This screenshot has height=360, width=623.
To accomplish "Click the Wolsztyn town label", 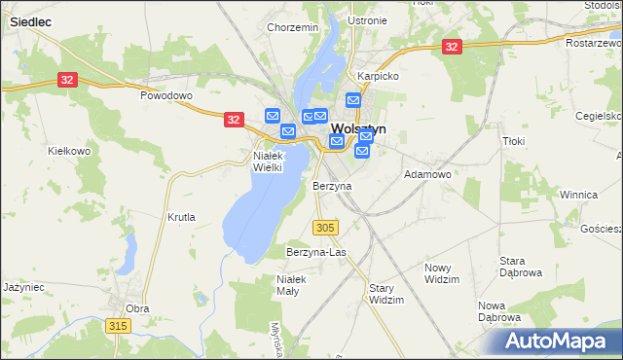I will point(359,128).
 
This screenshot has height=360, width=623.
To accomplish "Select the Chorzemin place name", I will point(293,28).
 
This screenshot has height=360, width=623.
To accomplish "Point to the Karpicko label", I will point(379,75).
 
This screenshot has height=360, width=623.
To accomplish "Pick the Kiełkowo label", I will point(69,152).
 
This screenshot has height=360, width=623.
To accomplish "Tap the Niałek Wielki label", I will point(268,161).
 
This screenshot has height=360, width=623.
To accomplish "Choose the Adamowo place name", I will point(427,174).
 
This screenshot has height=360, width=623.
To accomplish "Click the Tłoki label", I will point(513,141).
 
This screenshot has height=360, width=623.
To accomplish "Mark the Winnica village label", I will point(578,195).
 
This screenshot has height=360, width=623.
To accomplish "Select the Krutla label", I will point(181,217).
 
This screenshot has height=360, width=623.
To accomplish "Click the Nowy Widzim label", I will point(442,273).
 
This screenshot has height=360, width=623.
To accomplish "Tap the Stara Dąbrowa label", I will point(520,267).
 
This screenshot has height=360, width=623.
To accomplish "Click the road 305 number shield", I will point(326,227).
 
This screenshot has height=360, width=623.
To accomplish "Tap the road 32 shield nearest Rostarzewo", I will point(451,46).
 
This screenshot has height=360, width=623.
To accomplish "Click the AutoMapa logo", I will point(555,342).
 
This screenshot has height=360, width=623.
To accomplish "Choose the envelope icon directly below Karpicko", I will point(353,100).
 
